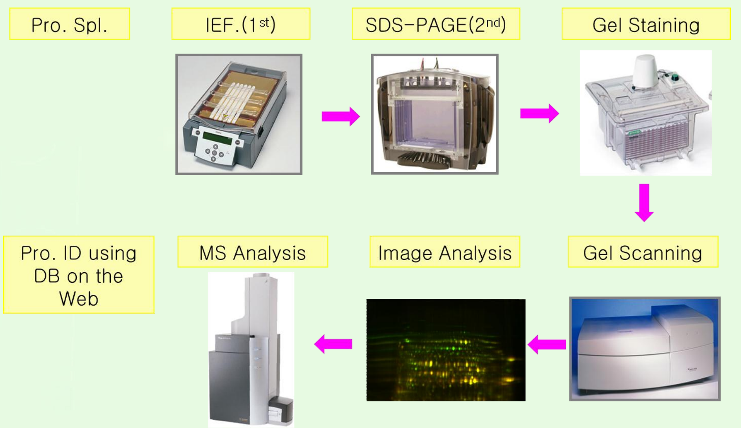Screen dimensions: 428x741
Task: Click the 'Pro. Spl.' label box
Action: point(69,24)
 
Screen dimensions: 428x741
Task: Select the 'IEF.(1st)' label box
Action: point(240,24)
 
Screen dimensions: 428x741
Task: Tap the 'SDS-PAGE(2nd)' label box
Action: point(436,24)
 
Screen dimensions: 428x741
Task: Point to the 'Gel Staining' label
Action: point(645,24)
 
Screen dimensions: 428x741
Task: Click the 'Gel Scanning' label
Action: point(643,252)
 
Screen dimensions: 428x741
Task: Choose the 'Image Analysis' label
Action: point(445,252)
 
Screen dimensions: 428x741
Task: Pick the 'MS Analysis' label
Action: point(253,252)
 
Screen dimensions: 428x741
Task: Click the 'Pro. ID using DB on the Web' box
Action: point(79,275)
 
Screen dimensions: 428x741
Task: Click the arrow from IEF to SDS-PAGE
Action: point(340,116)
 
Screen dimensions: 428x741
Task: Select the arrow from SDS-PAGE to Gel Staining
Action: point(539,113)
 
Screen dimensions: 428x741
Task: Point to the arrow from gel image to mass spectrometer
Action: point(333,344)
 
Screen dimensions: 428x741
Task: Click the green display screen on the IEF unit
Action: point(217,138)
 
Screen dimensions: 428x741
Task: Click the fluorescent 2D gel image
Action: point(446,350)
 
